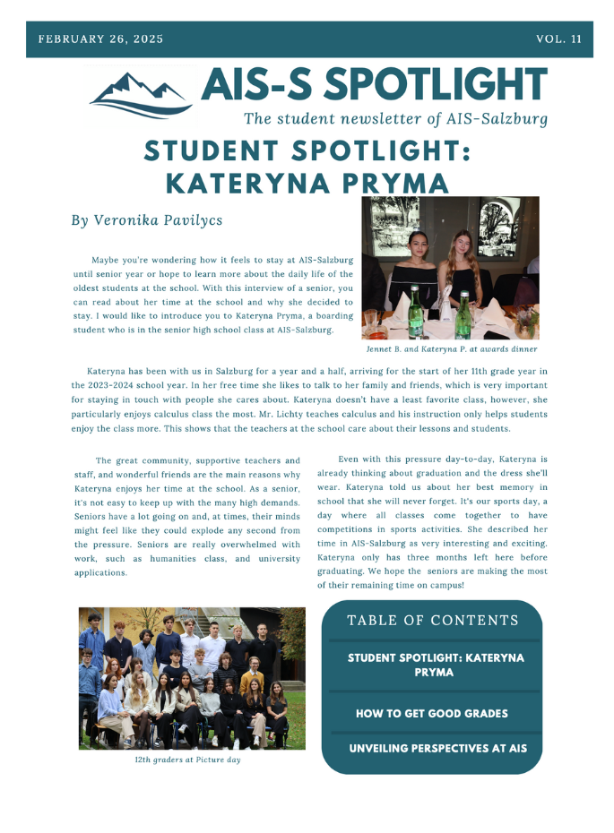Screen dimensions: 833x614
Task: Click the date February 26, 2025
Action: (100, 39)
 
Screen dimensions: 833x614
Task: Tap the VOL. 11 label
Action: (558, 39)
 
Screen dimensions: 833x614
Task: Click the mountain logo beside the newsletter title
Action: (142, 93)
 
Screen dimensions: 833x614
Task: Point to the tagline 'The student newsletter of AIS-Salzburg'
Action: (395, 118)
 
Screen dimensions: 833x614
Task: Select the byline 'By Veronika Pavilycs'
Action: (146, 219)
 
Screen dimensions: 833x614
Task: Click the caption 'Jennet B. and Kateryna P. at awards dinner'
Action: (451, 349)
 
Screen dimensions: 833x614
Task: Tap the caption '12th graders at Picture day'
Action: (187, 760)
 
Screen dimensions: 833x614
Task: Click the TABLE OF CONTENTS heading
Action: (432, 621)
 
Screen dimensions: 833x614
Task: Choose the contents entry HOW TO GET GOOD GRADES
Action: (432, 714)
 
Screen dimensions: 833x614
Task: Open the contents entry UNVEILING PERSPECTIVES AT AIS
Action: (437, 748)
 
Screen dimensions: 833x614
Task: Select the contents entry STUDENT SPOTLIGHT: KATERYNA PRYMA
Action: (436, 665)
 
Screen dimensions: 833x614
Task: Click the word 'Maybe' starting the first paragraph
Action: (108, 260)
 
